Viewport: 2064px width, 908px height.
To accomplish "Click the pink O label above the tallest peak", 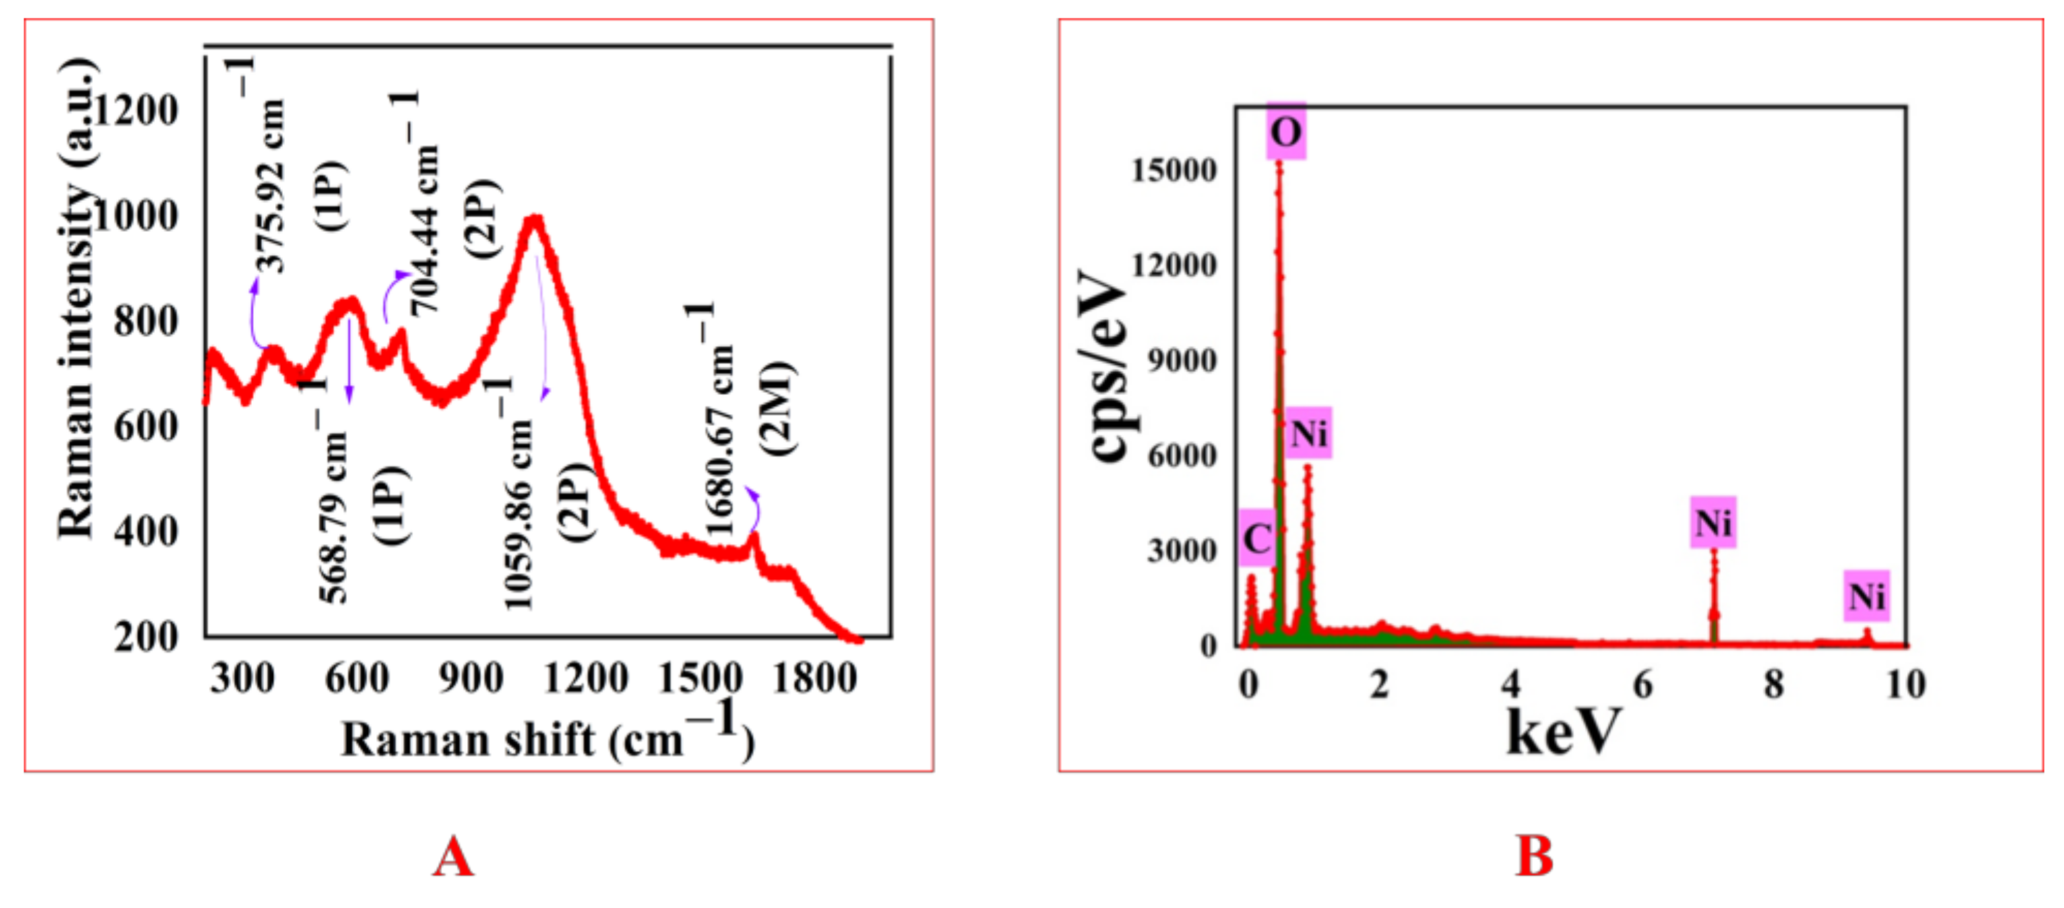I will (1285, 131).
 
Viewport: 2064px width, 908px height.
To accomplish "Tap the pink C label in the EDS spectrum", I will (1256, 538).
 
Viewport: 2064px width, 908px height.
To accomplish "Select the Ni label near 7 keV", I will (1713, 523).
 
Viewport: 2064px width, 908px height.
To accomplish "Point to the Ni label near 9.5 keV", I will (1866, 596).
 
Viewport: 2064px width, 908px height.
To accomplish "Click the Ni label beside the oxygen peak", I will (1309, 433).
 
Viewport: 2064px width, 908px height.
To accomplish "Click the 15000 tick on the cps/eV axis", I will (1173, 170).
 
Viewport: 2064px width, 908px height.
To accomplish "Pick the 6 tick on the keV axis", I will (1642, 685).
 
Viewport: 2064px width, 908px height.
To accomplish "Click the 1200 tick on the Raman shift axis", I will (585, 679).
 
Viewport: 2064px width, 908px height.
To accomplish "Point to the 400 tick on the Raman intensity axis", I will (146, 530).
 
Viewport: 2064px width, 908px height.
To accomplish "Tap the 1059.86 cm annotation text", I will (517, 513).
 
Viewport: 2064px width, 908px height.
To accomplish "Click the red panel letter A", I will (453, 856).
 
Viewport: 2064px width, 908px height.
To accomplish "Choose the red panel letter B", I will (1534, 856).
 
